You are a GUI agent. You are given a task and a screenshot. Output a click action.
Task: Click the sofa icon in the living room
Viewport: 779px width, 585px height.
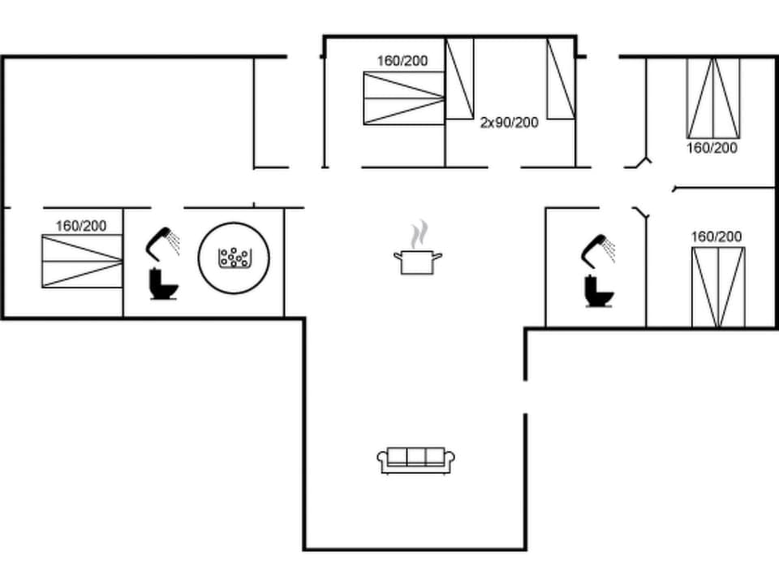pyautogui.click(x=415, y=459)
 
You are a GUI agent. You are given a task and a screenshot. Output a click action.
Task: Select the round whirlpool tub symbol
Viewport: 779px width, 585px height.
pyautogui.click(x=234, y=258)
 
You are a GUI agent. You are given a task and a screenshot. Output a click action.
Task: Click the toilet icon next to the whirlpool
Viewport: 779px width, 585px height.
pyautogui.click(x=163, y=284)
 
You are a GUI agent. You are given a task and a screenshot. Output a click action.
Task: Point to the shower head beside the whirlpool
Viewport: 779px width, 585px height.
pyautogui.click(x=162, y=241)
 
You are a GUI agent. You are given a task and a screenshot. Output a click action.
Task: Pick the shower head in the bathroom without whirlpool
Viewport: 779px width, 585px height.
pyautogui.click(x=598, y=249)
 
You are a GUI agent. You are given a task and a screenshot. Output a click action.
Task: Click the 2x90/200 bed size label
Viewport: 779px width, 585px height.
pyautogui.click(x=509, y=123)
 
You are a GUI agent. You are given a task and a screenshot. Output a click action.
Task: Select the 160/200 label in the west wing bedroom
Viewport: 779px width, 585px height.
pyautogui.click(x=80, y=225)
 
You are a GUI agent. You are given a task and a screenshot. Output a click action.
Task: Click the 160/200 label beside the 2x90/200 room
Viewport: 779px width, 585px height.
pyautogui.click(x=402, y=61)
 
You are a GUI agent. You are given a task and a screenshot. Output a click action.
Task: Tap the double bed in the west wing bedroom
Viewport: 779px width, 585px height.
pyautogui.click(x=82, y=261)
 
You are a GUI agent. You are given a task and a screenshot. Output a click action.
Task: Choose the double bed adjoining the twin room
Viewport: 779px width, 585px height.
pyautogui.click(x=403, y=98)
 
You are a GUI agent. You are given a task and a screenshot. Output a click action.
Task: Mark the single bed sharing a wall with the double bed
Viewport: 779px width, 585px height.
pyautogui.click(x=459, y=79)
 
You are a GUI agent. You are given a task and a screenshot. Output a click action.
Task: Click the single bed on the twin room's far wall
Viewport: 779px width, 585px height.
pyautogui.click(x=560, y=79)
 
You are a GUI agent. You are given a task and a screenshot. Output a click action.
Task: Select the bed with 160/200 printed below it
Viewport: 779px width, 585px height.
pyautogui.click(x=713, y=97)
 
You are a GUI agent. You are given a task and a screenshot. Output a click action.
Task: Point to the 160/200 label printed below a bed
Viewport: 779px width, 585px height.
pyautogui.click(x=712, y=148)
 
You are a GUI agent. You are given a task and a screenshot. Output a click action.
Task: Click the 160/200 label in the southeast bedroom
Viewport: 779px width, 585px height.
pyautogui.click(x=716, y=236)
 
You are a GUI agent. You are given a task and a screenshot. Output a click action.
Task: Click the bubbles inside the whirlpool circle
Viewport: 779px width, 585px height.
pyautogui.click(x=234, y=258)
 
